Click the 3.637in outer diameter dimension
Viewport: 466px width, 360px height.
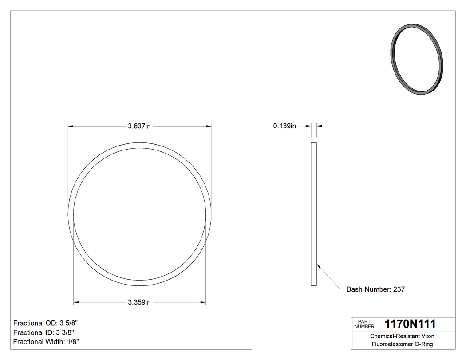point(139,126)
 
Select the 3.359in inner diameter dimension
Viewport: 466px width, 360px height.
point(139,303)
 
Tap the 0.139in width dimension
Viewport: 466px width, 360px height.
point(284,126)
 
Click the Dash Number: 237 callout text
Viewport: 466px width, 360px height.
point(375,289)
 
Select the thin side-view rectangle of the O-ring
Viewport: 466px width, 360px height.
point(313,214)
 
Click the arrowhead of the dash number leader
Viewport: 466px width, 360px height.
point(318,265)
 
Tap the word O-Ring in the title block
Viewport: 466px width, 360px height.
point(423,344)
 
